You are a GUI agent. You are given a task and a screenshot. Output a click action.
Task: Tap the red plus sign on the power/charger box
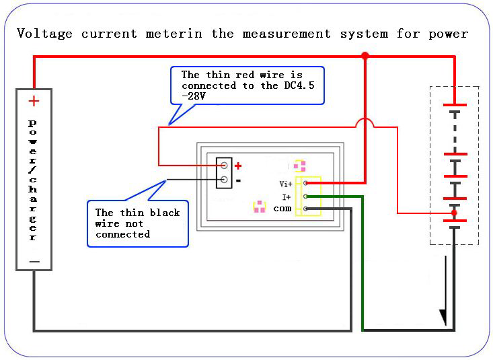(34, 102)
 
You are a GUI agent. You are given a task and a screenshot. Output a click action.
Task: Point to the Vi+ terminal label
(286, 183)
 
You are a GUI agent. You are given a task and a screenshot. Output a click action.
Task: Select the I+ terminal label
(286, 197)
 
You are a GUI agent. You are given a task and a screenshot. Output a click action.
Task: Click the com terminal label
(283, 209)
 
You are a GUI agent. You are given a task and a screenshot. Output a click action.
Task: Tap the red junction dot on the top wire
(365, 57)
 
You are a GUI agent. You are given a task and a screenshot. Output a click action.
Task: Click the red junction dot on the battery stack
(455, 213)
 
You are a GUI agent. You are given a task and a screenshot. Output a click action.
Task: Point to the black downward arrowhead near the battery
(443, 317)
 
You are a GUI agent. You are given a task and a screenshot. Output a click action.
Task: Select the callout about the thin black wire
(137, 223)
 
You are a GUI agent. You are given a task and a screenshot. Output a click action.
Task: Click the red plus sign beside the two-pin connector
(238, 166)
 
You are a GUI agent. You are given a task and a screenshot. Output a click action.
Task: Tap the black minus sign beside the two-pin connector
(237, 180)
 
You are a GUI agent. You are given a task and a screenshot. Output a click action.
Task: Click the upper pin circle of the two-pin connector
(224, 166)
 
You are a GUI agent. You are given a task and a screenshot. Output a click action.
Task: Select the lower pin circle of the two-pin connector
(224, 180)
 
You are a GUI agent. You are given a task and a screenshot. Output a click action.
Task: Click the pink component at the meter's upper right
(299, 166)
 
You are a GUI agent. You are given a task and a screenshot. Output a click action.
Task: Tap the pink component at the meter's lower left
(260, 207)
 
